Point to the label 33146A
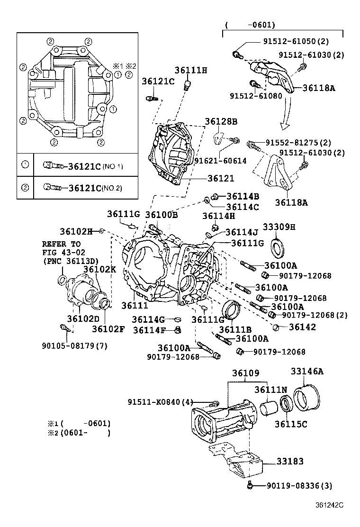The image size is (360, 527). coord(306,372)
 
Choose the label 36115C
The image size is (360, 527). coord(291,424)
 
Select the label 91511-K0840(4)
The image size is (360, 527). coord(161,402)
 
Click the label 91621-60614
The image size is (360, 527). coord(220,161)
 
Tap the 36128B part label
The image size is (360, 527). coord(221,122)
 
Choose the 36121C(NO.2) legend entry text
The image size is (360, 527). coord(95,188)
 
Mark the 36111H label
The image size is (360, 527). coord(191,70)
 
